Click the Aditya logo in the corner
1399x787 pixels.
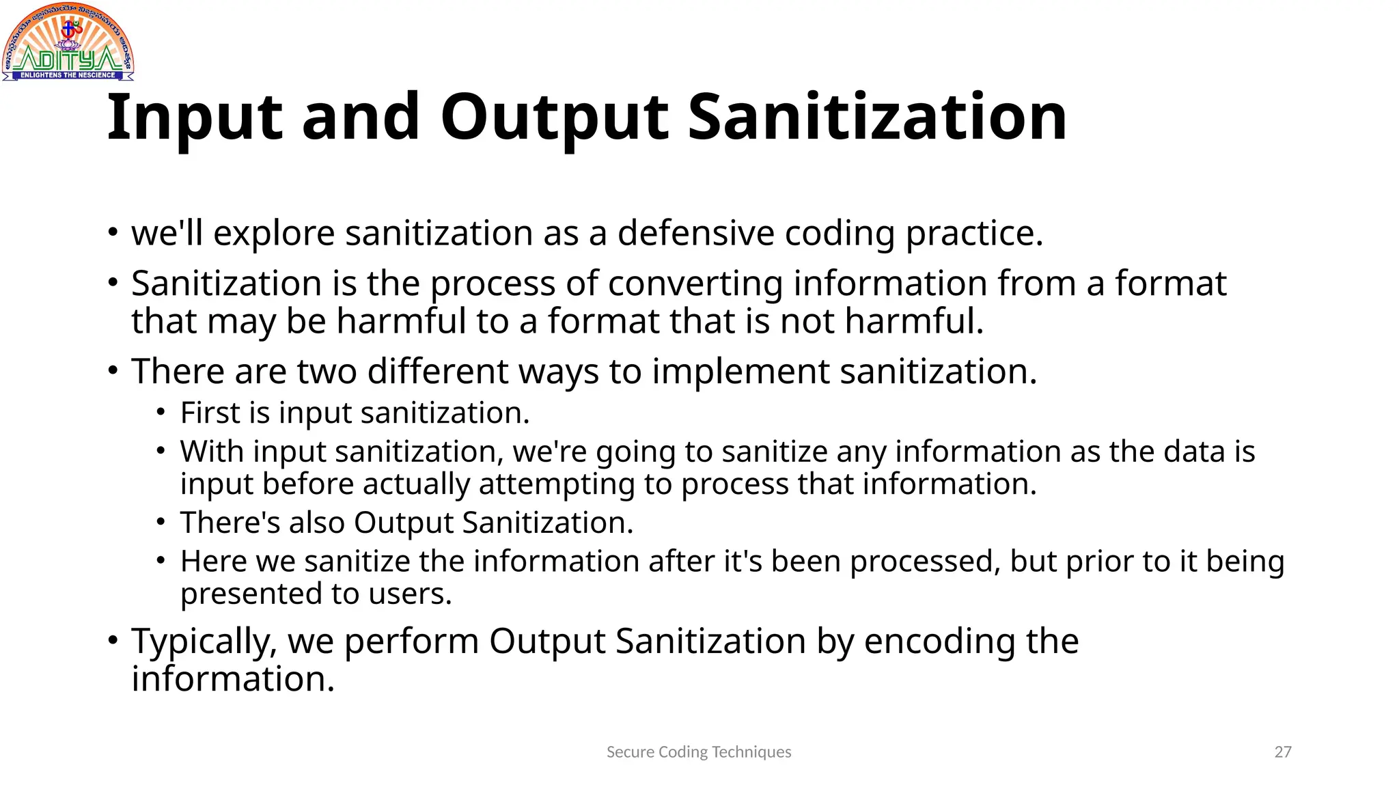tap(68, 42)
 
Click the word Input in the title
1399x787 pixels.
tap(194, 118)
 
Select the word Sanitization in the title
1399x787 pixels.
tap(876, 118)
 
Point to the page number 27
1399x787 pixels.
tap(1283, 752)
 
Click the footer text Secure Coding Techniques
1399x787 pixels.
tap(699, 752)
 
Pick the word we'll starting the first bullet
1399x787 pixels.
tap(167, 234)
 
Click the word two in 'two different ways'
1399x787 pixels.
tap(327, 372)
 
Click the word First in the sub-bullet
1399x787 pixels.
tap(210, 413)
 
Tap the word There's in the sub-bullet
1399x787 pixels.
tap(230, 523)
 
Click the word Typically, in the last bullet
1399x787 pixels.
tap(204, 642)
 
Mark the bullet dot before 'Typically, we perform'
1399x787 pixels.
tap(113, 641)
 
